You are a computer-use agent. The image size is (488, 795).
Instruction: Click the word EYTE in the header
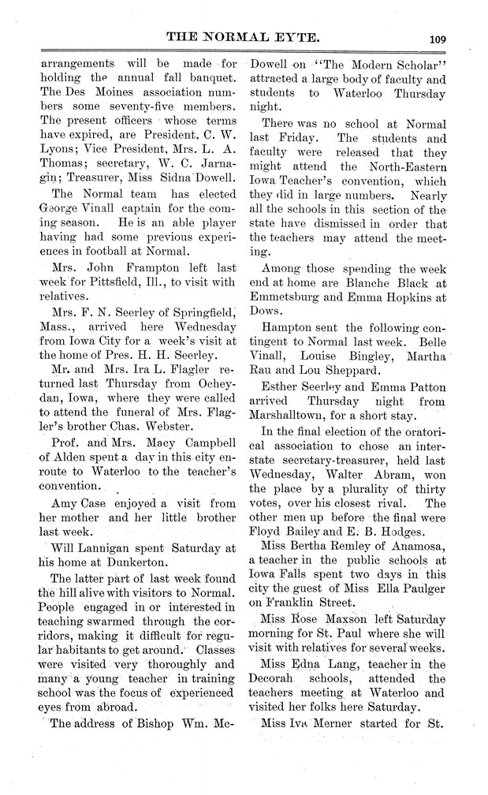[x=296, y=35]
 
